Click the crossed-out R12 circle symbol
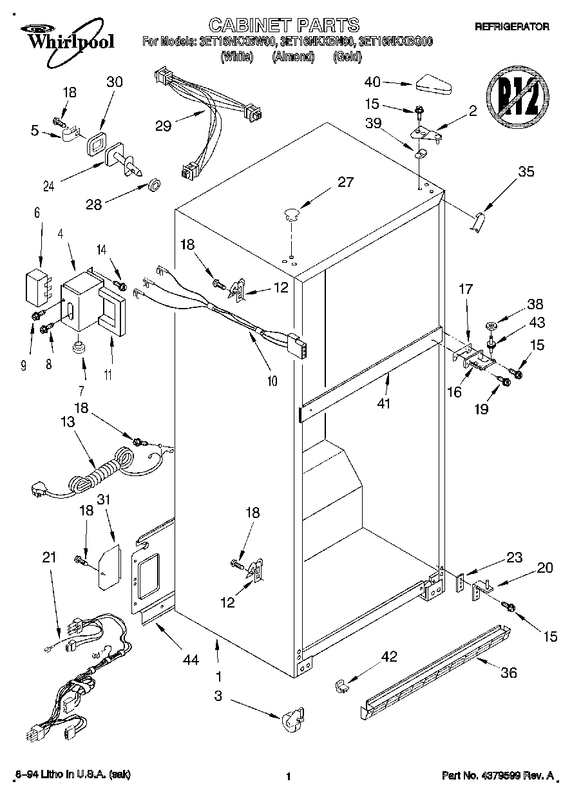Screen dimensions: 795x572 click(517, 100)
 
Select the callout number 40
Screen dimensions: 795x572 click(373, 82)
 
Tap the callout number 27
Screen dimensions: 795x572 click(345, 182)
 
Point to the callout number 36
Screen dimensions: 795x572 click(509, 673)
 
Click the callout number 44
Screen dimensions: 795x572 click(190, 659)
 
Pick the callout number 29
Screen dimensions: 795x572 click(164, 126)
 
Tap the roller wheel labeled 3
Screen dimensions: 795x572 click(292, 720)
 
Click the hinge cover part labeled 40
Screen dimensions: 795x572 click(436, 84)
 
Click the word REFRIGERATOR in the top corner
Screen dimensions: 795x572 click(511, 27)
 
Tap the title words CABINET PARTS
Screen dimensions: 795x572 click(285, 24)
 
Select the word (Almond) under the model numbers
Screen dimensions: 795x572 click(292, 57)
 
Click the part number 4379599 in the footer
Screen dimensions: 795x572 click(512, 777)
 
